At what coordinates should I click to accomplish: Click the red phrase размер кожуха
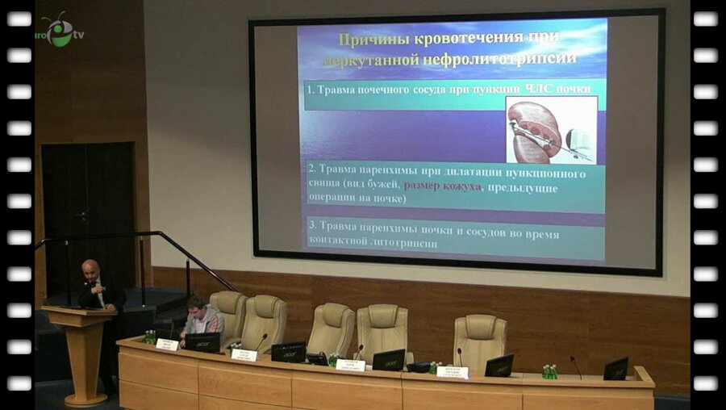pyautogui.click(x=442, y=186)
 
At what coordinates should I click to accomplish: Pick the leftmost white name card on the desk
pyautogui.click(x=167, y=344)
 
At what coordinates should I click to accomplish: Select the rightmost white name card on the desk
pyautogui.click(x=452, y=371)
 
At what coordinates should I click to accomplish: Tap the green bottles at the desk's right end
pyautogui.click(x=549, y=371)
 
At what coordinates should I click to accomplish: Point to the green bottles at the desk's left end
pyautogui.click(x=149, y=337)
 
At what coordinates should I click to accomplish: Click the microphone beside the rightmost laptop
pyautogui.click(x=576, y=366)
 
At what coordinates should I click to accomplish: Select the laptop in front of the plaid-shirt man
pyautogui.click(x=202, y=342)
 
